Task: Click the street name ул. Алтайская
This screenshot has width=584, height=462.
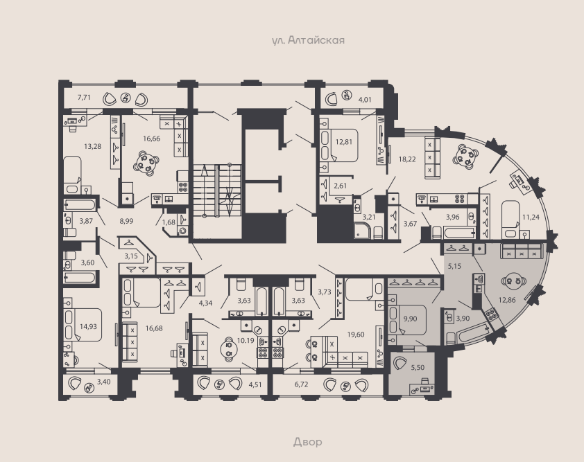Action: (308, 40)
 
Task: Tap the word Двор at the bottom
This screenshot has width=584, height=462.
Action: (308, 442)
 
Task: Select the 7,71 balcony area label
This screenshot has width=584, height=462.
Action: (84, 98)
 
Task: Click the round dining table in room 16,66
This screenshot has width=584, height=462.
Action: (146, 163)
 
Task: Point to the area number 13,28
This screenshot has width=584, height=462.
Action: (92, 146)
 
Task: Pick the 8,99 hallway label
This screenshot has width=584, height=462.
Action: (126, 221)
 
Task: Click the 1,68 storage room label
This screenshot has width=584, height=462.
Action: (169, 222)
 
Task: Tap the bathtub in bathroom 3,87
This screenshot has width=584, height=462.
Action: (80, 205)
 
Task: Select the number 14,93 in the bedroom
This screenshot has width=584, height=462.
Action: (88, 327)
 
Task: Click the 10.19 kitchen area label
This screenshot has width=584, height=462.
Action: (246, 340)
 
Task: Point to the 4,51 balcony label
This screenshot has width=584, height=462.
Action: (255, 384)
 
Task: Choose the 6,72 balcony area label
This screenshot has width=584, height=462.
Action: (301, 384)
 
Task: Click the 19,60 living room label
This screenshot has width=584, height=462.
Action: (356, 335)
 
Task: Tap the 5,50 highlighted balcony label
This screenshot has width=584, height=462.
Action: (418, 368)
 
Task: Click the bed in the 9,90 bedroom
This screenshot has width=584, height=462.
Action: (407, 320)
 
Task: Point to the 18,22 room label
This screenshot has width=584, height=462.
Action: (407, 159)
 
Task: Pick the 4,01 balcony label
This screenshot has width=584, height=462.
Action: (365, 100)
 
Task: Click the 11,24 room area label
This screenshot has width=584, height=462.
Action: (531, 217)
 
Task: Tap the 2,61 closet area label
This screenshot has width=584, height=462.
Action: (341, 186)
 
